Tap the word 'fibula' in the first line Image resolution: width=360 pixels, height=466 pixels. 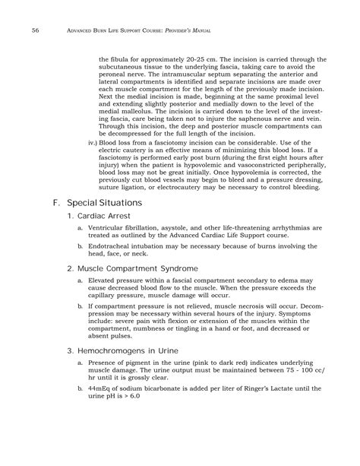[123, 59]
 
